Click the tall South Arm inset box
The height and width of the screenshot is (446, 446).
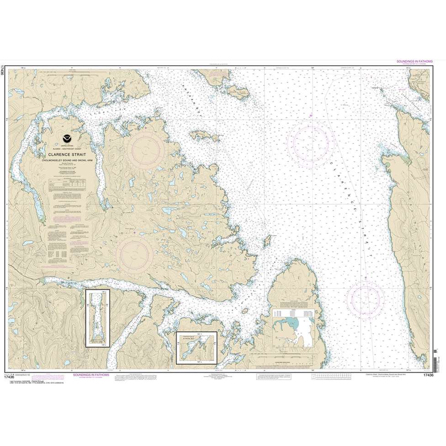[x=98, y=318]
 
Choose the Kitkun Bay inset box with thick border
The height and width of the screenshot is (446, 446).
[x=196, y=345]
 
